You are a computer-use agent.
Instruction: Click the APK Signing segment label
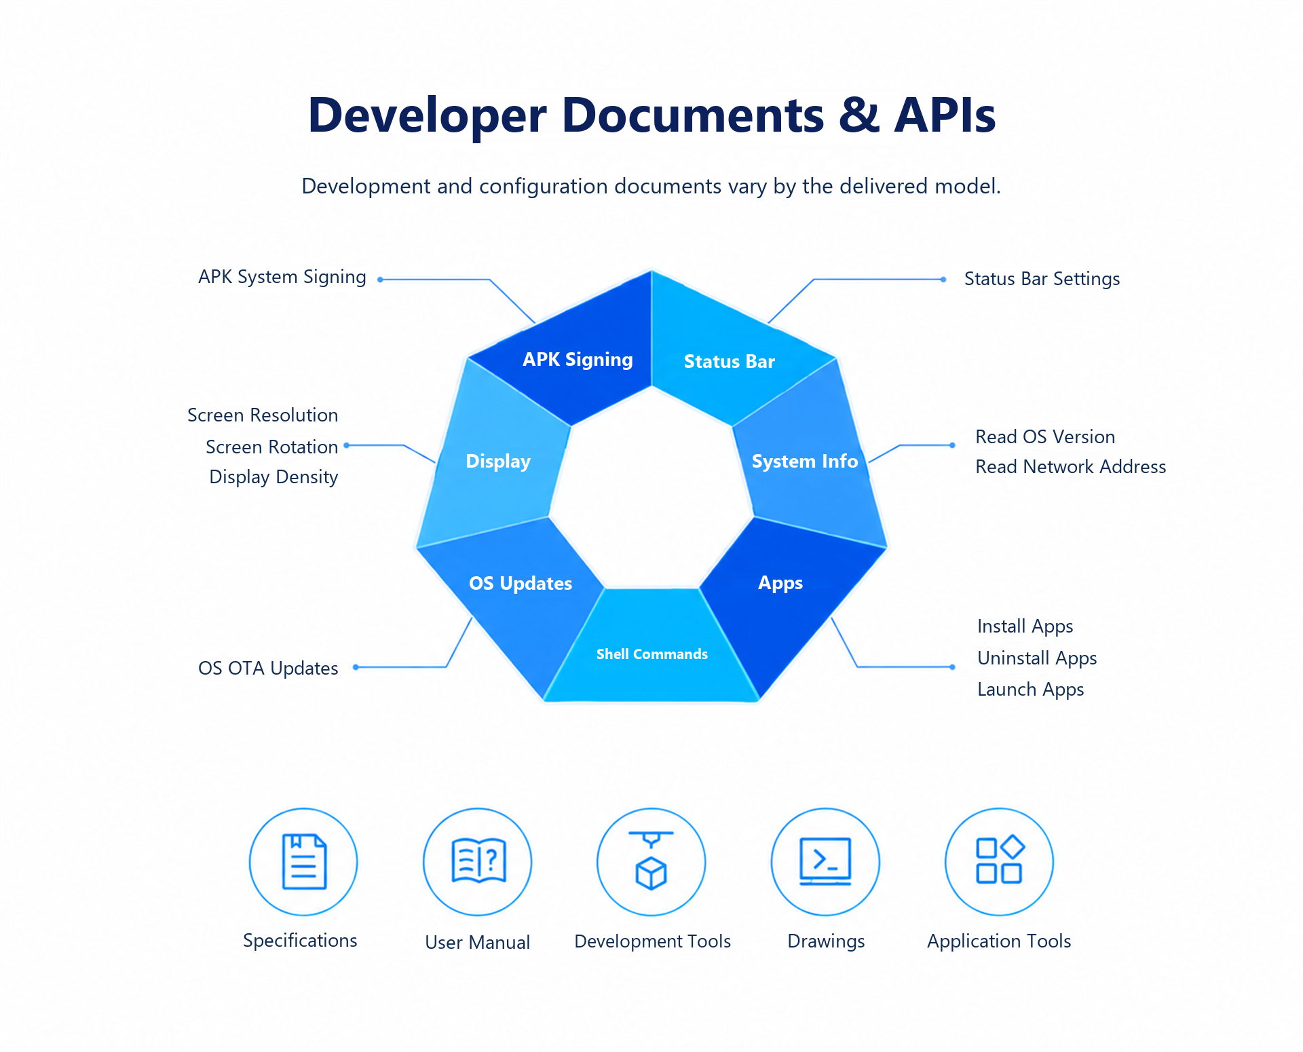pyautogui.click(x=578, y=360)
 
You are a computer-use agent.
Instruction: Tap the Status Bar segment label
pyautogui.click(x=730, y=362)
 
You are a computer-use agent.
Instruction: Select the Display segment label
pyautogui.click(x=498, y=462)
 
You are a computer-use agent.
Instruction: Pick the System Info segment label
pyautogui.click(x=805, y=462)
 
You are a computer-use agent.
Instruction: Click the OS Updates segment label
pyautogui.click(x=521, y=584)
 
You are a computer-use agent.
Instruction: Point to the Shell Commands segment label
pyautogui.click(x=652, y=654)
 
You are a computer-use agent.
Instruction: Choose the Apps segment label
pyautogui.click(x=780, y=584)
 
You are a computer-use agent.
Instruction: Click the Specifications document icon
pyautogui.click(x=304, y=861)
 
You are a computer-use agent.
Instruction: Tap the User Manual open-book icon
pyautogui.click(x=478, y=861)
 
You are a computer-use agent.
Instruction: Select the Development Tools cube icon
pyautogui.click(x=651, y=861)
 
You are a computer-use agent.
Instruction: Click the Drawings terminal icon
pyautogui.click(x=825, y=861)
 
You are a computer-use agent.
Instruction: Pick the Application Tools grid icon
pyautogui.click(x=1000, y=859)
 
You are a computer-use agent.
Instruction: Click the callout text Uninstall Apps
pyautogui.click(x=1037, y=658)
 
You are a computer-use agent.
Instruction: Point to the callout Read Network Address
pyautogui.click(x=1071, y=467)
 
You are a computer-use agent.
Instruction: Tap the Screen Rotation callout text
pyautogui.click(x=271, y=447)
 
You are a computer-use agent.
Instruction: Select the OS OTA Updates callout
pyautogui.click(x=268, y=669)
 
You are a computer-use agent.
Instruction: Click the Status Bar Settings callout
pyautogui.click(x=1042, y=279)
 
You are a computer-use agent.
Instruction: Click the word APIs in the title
pyautogui.click(x=945, y=115)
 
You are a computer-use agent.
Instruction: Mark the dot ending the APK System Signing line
pyautogui.click(x=380, y=280)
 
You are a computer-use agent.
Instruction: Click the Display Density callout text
pyautogui.click(x=273, y=477)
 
